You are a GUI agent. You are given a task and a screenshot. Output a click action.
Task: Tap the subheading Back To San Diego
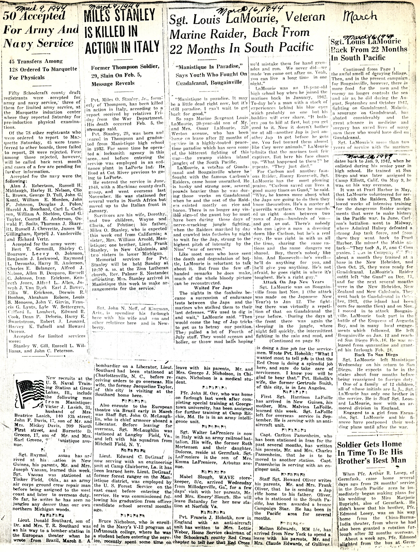pos(371,355)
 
